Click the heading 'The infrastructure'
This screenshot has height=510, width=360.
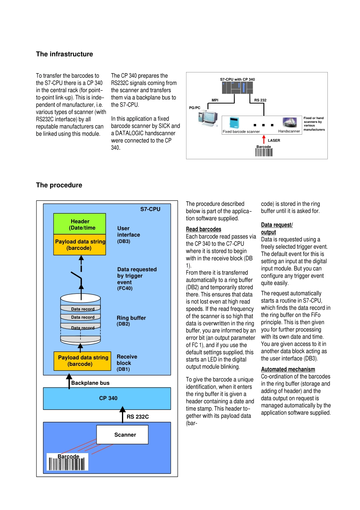coord(64,54)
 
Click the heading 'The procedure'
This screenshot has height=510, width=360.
coord(59,185)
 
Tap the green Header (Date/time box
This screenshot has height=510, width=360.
coord(80,224)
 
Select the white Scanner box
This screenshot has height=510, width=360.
coord(122,435)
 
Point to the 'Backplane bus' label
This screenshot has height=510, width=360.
coord(90,383)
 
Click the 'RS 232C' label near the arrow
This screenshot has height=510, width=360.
coord(138,417)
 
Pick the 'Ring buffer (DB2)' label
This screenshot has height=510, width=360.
coord(131,320)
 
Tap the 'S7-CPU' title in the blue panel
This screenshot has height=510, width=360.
coord(150,209)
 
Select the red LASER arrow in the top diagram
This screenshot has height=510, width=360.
coord(264,140)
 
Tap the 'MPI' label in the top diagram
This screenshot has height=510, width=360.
coord(215,100)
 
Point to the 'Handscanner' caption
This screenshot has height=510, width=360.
coord(289,132)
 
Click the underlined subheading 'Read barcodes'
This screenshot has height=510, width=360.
coord(203,229)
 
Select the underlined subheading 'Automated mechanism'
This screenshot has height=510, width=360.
coord(288,369)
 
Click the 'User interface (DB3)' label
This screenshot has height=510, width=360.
coord(128,234)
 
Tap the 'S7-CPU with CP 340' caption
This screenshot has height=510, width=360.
coord(237,80)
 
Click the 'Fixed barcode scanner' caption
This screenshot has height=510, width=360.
coord(241,132)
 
